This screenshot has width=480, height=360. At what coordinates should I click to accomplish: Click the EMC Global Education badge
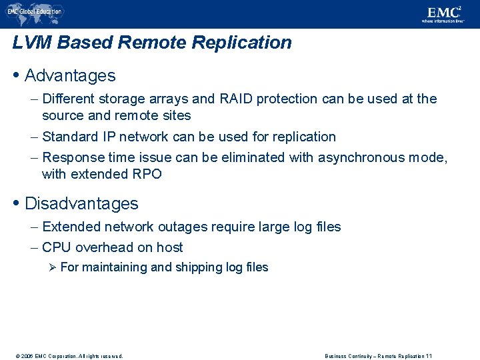(35, 11)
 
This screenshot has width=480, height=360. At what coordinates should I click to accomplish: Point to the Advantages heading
(70, 75)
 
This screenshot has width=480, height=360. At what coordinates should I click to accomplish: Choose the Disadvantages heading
(81, 203)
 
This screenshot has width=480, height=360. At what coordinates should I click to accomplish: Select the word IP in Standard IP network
(109, 137)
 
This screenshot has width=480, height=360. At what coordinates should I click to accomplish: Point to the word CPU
(57, 247)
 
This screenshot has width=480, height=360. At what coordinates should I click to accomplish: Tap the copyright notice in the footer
(67, 356)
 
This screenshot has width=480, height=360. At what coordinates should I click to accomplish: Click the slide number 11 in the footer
(429, 356)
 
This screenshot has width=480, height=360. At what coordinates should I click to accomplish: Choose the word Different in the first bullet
(68, 99)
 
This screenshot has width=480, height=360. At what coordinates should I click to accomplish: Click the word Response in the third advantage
(71, 157)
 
